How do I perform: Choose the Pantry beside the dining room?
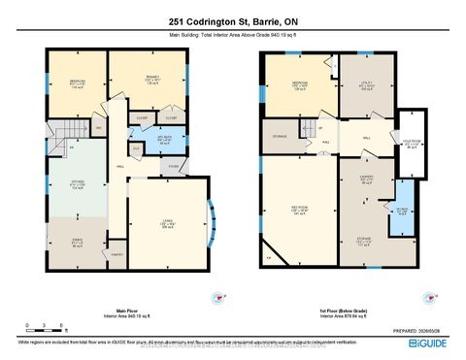point(117,253)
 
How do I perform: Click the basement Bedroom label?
point(300,84)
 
